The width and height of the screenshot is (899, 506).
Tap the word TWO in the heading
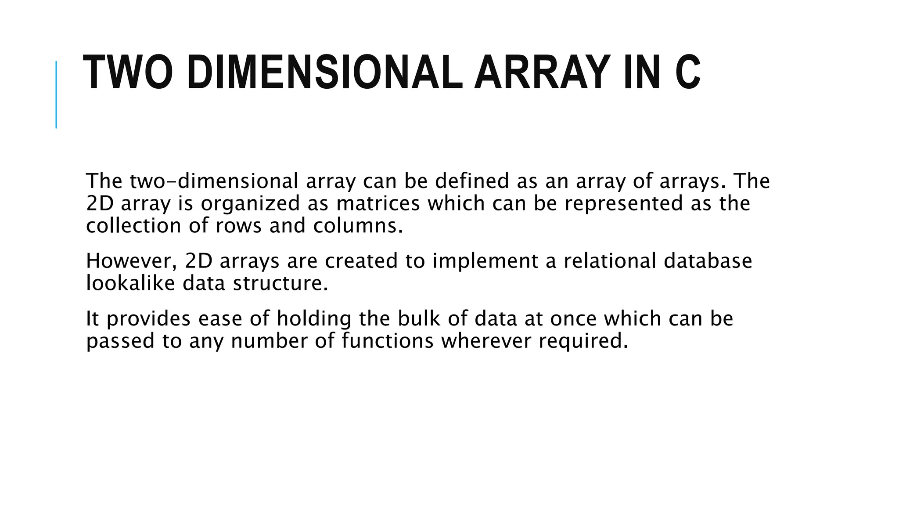tap(128, 73)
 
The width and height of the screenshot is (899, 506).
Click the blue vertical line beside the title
tap(56, 94)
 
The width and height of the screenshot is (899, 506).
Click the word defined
tap(471, 181)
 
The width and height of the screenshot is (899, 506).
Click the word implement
tap(485, 261)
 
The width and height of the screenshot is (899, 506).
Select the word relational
tap(610, 261)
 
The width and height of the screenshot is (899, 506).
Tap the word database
tap(708, 261)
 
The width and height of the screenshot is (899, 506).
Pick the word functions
tap(387, 341)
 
